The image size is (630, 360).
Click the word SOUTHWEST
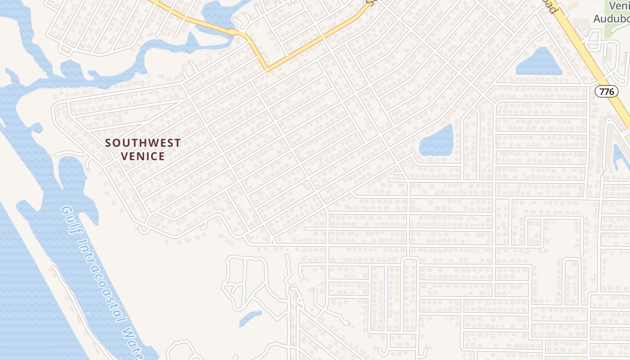pyautogui.click(x=143, y=143)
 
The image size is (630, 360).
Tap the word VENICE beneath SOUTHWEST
pyautogui.click(x=143, y=156)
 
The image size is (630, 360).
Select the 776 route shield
pyautogui.click(x=606, y=91)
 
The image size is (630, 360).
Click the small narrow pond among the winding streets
pyautogui.click(x=250, y=318)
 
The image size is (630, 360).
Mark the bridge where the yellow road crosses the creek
pyautogui.click(x=232, y=32)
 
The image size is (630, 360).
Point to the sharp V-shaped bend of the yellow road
pyautogui.click(x=267, y=69)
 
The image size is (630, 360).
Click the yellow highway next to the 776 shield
pyautogui.click(x=621, y=103)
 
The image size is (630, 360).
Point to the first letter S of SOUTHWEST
pyautogui.click(x=108, y=143)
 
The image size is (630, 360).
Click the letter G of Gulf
pyautogui.click(x=66, y=211)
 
